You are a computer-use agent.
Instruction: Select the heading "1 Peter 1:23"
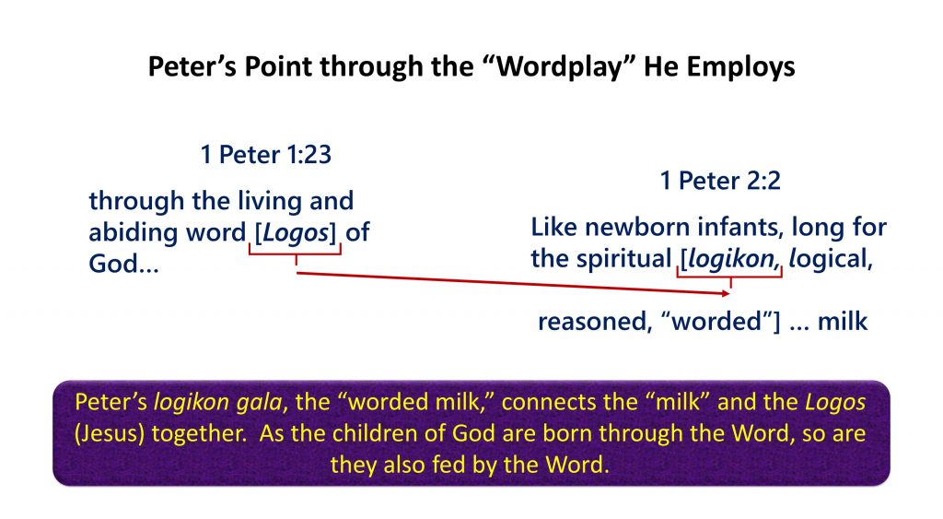(266, 155)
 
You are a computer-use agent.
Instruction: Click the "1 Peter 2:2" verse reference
(720, 181)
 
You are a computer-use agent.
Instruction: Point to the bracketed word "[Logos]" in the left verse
(296, 232)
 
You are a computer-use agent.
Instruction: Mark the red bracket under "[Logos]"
(296, 253)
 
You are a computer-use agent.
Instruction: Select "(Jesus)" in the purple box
(110, 433)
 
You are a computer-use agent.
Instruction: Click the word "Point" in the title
(279, 66)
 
